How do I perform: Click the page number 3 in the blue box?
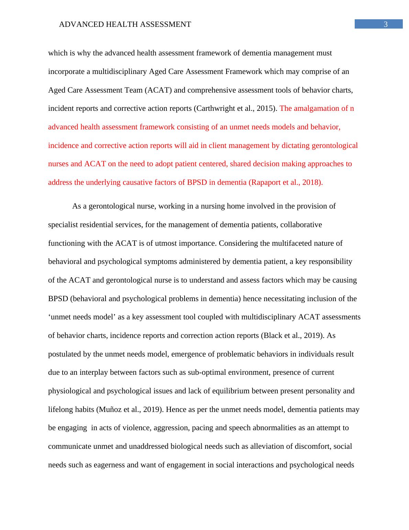[385, 24]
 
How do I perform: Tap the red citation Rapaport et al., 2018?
[285, 182]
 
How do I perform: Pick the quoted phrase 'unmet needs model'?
[82, 317]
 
